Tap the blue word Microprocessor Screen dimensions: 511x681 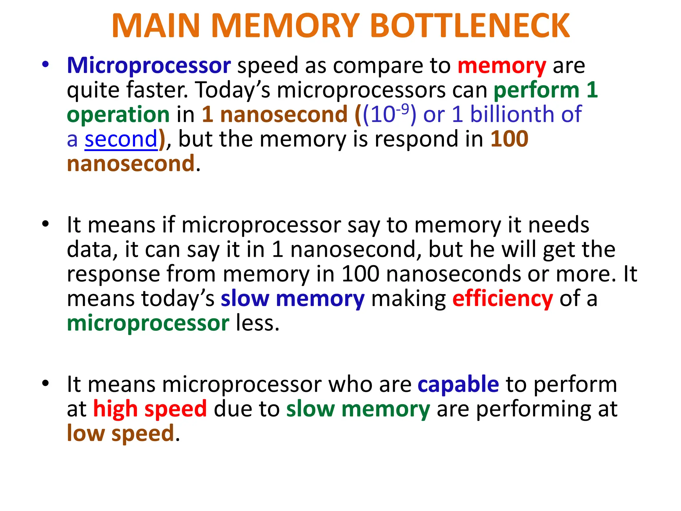pyautogui.click(x=149, y=65)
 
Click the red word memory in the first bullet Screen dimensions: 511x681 pyautogui.click(x=502, y=66)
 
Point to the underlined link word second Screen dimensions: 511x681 pyautogui.click(x=121, y=139)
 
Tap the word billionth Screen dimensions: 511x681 pyautogui.click(x=512, y=114)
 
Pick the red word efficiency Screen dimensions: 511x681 pyautogui.click(x=502, y=298)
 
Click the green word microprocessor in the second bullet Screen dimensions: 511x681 pyautogui.click(x=148, y=323)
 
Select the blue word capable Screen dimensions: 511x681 pyautogui.click(x=458, y=384)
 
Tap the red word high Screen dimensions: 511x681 pyautogui.click(x=115, y=409)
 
